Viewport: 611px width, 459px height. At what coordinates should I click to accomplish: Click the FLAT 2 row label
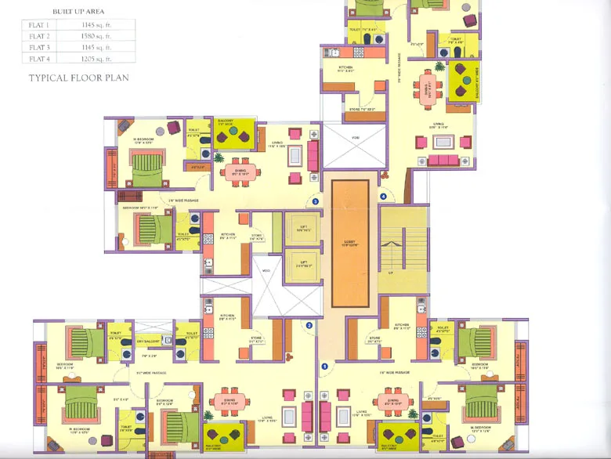click(39, 36)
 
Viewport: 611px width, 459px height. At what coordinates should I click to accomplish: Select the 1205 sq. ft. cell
click(97, 58)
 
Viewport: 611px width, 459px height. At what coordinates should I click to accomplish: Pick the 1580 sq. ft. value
click(97, 36)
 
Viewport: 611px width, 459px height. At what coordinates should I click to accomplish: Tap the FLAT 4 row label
click(39, 58)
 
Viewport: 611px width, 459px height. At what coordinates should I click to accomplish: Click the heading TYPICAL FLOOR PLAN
click(78, 78)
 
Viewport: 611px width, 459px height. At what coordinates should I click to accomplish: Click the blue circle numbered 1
click(324, 366)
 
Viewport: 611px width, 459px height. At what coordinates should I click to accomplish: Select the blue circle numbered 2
click(309, 325)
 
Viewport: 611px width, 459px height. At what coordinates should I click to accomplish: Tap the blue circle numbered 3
click(315, 201)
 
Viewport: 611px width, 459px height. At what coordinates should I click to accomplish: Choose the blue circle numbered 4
click(383, 196)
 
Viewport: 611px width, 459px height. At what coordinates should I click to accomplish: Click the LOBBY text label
click(349, 244)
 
